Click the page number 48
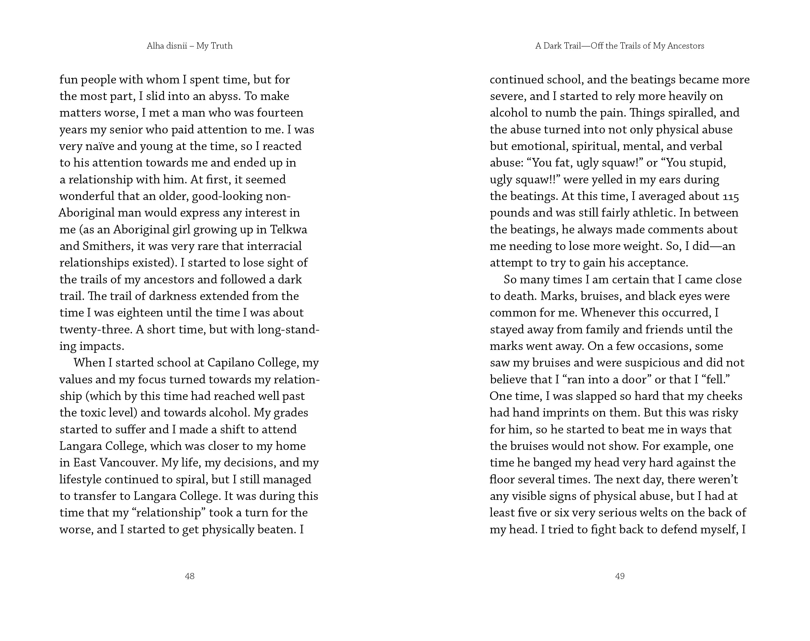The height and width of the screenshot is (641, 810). (x=189, y=576)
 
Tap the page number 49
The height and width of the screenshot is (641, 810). (x=620, y=576)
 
